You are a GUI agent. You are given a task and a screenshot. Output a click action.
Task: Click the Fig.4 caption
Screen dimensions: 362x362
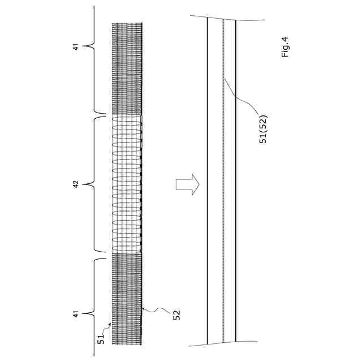[285, 47]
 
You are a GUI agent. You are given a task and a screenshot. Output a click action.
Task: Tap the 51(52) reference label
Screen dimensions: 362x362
[263, 129]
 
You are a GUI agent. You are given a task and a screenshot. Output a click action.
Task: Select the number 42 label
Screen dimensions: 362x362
[76, 183]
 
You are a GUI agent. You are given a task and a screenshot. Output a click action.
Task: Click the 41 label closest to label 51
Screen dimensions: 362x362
[76, 312]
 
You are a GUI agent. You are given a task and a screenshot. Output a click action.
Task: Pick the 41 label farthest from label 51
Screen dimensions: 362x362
[76, 46]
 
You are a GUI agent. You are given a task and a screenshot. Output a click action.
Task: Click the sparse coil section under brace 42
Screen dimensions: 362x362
[127, 184]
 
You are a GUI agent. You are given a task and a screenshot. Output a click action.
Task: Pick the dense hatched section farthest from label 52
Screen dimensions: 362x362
[127, 68]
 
